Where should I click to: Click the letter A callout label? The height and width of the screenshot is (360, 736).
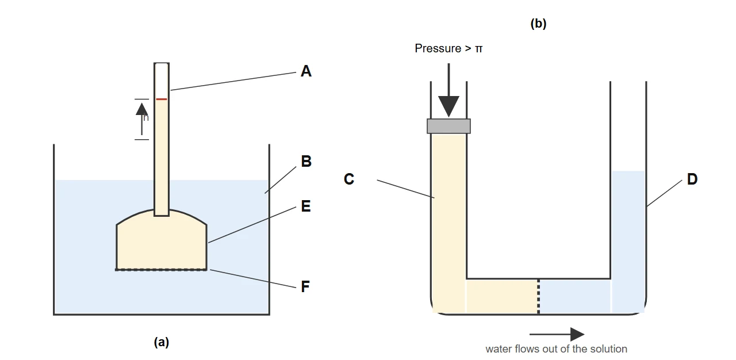click(x=306, y=71)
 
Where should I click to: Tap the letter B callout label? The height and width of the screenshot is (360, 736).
click(x=306, y=161)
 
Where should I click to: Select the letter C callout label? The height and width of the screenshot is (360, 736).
click(x=349, y=179)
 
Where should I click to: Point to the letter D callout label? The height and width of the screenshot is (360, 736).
click(x=692, y=179)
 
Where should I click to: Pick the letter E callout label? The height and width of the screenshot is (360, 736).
click(x=306, y=206)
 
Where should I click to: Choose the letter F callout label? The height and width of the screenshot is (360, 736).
click(x=305, y=286)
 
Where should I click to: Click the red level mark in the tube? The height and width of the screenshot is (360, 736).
click(x=162, y=99)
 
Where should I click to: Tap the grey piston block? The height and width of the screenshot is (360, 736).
click(x=448, y=126)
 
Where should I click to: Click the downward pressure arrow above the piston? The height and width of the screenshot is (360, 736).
click(x=448, y=90)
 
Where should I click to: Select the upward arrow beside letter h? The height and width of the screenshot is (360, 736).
click(x=142, y=118)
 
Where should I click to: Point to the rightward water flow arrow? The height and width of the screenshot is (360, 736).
click(x=557, y=334)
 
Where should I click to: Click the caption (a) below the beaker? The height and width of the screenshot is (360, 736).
click(x=162, y=342)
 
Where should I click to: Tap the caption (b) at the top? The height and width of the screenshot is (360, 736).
click(x=538, y=24)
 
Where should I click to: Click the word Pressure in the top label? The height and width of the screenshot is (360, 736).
click(x=438, y=48)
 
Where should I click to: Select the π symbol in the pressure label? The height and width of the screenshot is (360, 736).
click(x=479, y=49)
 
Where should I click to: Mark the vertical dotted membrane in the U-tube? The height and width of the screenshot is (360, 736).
click(x=538, y=296)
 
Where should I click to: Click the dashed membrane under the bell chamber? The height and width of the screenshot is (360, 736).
click(x=161, y=270)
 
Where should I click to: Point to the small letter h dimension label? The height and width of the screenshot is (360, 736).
click(x=146, y=117)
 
